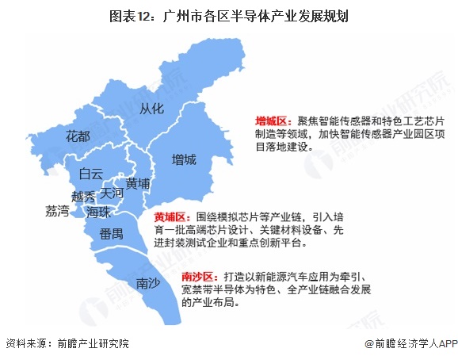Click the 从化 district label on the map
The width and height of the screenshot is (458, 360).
(x=151, y=108)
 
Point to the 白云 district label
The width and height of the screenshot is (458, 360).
(x=91, y=174)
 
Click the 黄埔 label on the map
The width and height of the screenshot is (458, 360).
(x=138, y=183)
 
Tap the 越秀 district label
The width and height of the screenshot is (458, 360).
(x=83, y=196)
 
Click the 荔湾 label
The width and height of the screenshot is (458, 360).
(x=58, y=211)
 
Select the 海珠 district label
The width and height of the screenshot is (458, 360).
(x=97, y=213)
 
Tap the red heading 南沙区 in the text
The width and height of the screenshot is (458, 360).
(x=198, y=276)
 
